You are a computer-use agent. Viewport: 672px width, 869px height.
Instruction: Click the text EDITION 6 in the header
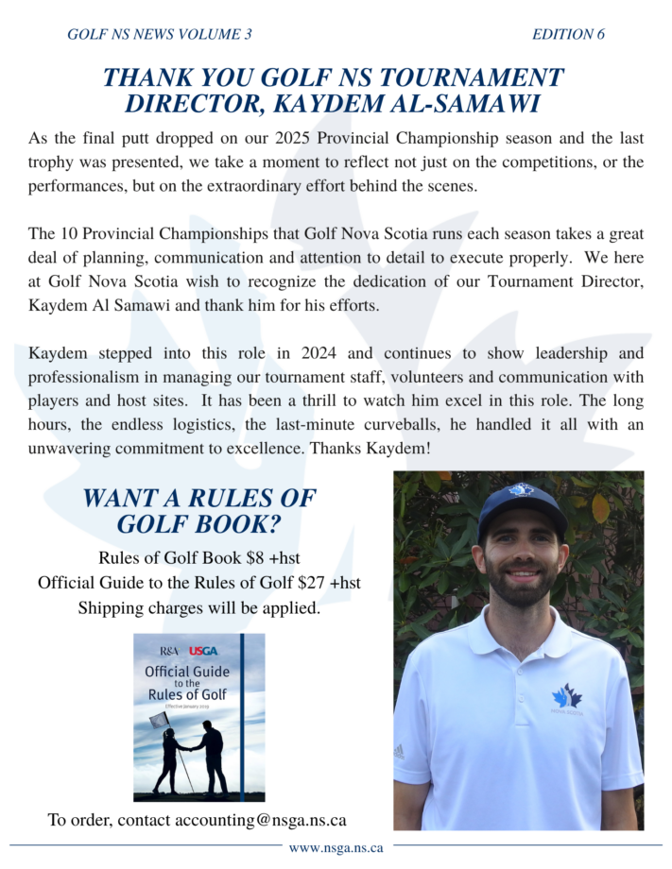click(568, 35)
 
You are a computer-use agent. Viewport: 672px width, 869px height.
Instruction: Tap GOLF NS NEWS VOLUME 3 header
click(160, 35)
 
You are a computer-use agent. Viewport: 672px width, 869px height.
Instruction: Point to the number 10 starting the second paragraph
click(70, 233)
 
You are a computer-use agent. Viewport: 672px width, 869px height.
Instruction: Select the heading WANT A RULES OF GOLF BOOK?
click(198, 510)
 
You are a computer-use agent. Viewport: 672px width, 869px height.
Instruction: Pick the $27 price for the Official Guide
click(307, 583)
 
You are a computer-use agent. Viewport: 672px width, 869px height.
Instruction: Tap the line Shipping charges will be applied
click(198, 607)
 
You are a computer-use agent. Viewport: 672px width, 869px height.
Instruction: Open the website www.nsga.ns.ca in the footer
click(336, 848)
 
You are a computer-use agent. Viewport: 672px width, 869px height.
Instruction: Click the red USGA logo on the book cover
click(203, 651)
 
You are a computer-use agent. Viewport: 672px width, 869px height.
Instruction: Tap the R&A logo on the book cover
click(169, 651)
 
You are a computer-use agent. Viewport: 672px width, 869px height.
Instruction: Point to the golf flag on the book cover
click(159, 719)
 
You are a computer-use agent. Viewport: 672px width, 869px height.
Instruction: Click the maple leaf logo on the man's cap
click(521, 490)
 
